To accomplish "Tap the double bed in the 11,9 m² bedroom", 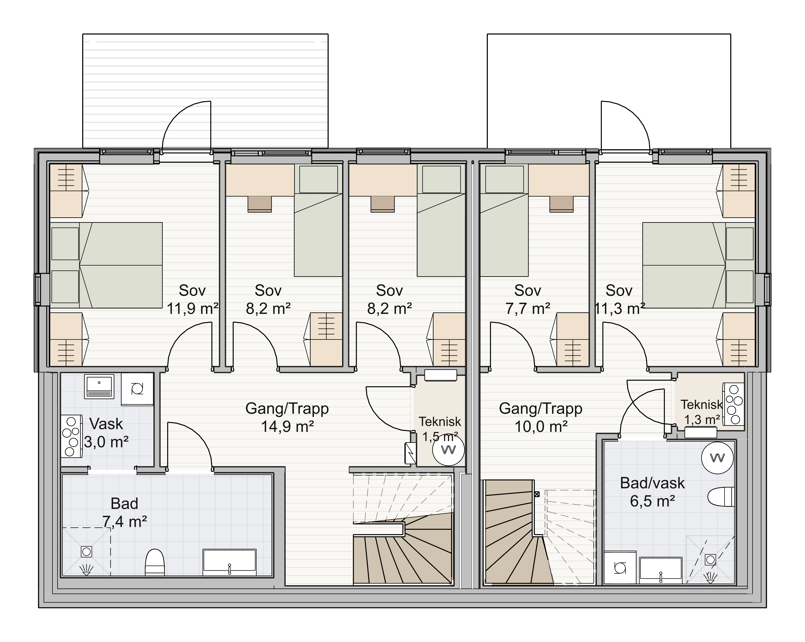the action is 106,265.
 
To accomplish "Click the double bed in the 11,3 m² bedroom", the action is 698,265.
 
